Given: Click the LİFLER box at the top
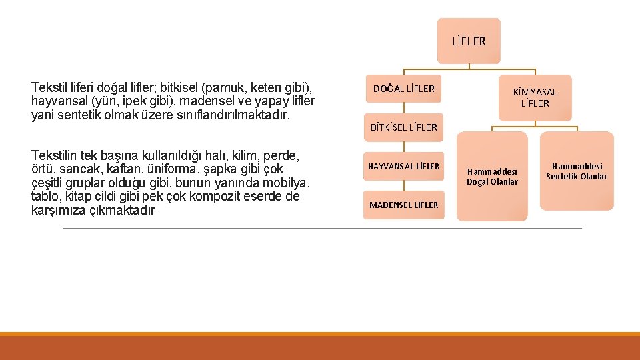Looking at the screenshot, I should click(469, 41).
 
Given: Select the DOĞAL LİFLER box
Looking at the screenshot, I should click(403, 89).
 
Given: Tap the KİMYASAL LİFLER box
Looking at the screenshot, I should click(535, 97).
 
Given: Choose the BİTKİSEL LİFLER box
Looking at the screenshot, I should click(404, 127).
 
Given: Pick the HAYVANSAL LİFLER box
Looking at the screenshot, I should click(404, 166).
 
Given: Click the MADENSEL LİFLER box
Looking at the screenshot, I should click(404, 205).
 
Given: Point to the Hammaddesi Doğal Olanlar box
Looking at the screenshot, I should click(492, 177).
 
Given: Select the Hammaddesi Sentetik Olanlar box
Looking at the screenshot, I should click(577, 171).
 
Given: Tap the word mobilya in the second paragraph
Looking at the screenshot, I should click(290, 183).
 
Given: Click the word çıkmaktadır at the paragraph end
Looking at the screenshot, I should click(121, 211).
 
